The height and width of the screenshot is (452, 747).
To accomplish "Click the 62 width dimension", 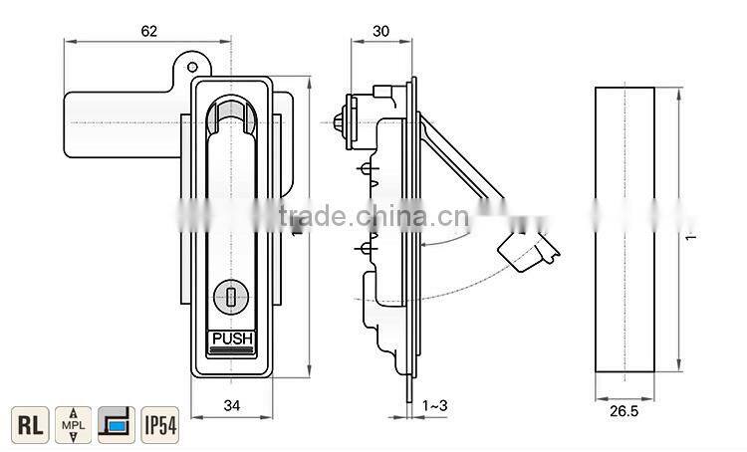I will coord(148,31).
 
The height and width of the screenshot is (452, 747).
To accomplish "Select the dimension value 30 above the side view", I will coord(380,31).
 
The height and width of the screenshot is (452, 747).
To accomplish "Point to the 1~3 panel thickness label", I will coord(435,405).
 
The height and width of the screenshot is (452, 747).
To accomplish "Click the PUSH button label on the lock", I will coord(232,339).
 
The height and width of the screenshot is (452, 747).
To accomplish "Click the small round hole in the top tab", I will coord(191,65).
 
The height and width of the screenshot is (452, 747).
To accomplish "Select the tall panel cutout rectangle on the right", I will coord(624,229).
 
